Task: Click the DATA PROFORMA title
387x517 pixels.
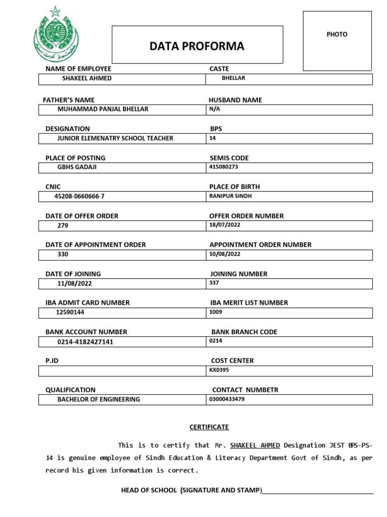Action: [x=197, y=46]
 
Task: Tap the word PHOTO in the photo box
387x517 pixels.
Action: [x=337, y=34]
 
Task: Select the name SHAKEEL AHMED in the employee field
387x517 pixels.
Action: [x=87, y=79]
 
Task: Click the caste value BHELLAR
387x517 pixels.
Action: [x=233, y=79]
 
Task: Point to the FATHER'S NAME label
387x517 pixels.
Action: [x=70, y=100]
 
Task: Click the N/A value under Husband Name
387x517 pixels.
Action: [x=215, y=109]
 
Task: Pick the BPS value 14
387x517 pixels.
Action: [x=213, y=138]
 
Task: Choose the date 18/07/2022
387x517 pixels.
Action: [x=225, y=225]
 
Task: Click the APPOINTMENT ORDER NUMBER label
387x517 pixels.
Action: [x=261, y=245]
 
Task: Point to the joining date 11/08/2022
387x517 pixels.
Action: [x=75, y=284]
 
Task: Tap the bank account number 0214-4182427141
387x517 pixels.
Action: [x=85, y=342]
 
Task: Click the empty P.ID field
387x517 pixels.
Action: [x=122, y=371]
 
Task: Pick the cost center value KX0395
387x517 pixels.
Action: [x=219, y=370]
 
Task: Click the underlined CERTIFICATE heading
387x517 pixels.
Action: [x=209, y=427]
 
